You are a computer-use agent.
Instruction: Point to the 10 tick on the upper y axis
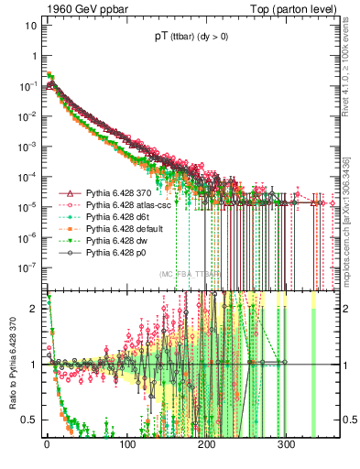tap(30, 24)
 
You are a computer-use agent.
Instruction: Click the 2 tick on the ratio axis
tap(33, 309)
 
